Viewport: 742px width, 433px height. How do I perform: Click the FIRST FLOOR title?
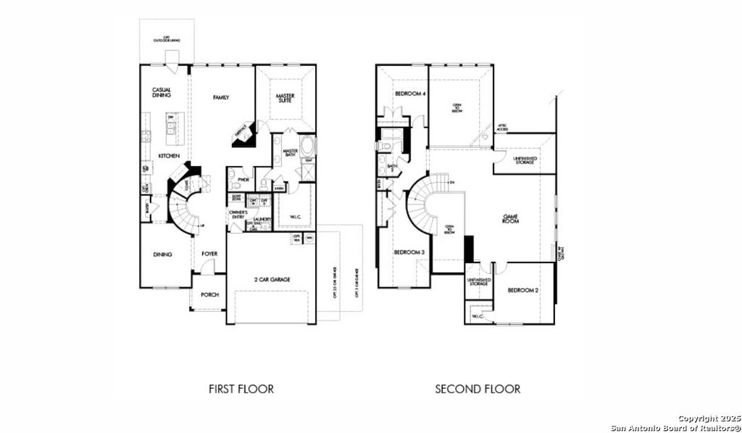pyautogui.click(x=241, y=389)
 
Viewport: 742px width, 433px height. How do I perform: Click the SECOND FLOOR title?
pyautogui.click(x=477, y=389)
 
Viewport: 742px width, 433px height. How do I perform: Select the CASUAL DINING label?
pyautogui.click(x=161, y=93)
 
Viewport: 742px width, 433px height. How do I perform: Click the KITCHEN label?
pyautogui.click(x=170, y=156)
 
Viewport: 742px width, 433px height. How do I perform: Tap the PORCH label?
pyautogui.click(x=209, y=295)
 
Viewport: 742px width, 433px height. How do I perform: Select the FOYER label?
pyautogui.click(x=209, y=254)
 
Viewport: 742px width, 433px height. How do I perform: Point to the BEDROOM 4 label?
pyautogui.click(x=410, y=94)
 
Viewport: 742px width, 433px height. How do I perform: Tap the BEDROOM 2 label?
pyautogui.click(x=522, y=290)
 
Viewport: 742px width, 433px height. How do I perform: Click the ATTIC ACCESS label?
pyautogui.click(x=501, y=128)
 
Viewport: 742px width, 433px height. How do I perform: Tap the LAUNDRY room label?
pyautogui.click(x=262, y=219)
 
